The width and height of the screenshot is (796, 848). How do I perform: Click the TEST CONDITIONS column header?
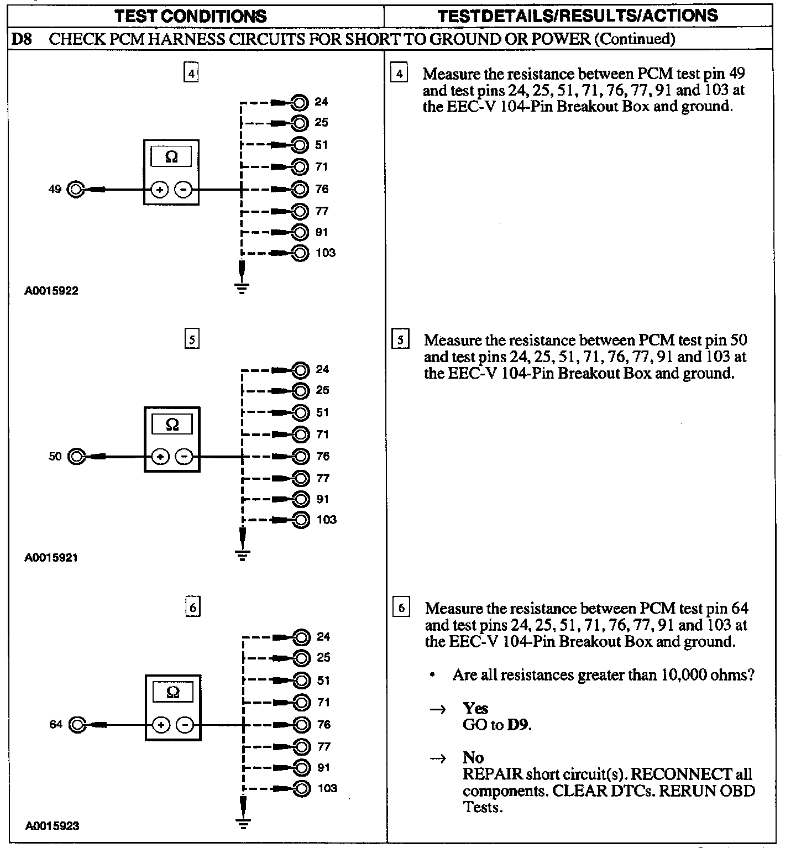coord(191,16)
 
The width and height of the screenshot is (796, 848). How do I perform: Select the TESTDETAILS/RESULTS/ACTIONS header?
coord(578,15)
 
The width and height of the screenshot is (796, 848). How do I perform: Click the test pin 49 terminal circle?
coord(75,190)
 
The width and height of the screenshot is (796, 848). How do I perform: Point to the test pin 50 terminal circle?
coord(76,457)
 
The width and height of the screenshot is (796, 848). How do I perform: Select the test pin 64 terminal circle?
coord(77,724)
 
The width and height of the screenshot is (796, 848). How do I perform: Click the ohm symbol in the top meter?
coord(171,157)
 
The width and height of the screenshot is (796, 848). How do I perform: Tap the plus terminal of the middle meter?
coord(160,457)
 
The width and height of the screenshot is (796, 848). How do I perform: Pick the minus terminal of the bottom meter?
coord(186,724)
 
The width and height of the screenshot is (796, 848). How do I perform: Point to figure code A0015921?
coord(51,558)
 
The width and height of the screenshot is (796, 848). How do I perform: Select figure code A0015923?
coord(53,825)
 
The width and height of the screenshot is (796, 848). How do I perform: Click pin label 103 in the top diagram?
coord(326,253)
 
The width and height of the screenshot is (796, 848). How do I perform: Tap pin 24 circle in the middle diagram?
coord(301,369)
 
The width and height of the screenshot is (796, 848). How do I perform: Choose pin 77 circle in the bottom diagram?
coord(302,746)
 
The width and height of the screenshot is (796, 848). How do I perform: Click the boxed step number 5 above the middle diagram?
coord(191,339)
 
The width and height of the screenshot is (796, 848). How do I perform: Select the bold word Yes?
coord(475,708)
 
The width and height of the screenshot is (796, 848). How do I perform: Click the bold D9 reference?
coord(519,725)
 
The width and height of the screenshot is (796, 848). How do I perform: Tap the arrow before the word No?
coord(438,758)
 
